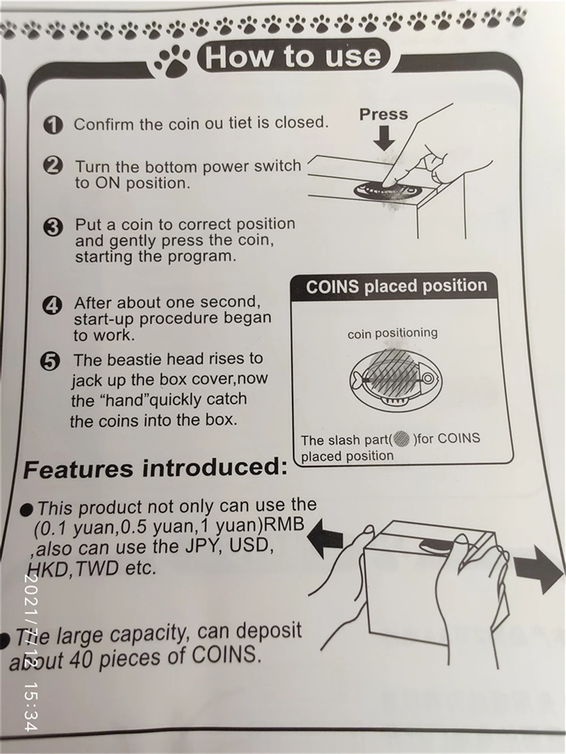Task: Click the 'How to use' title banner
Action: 292,57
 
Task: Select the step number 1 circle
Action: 53,125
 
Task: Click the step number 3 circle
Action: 53,228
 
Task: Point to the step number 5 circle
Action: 50,362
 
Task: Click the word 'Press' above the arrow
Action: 383,114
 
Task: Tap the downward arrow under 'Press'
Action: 384,138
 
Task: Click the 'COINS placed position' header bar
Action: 396,286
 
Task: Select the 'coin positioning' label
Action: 392,333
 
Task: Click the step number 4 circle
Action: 52,306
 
